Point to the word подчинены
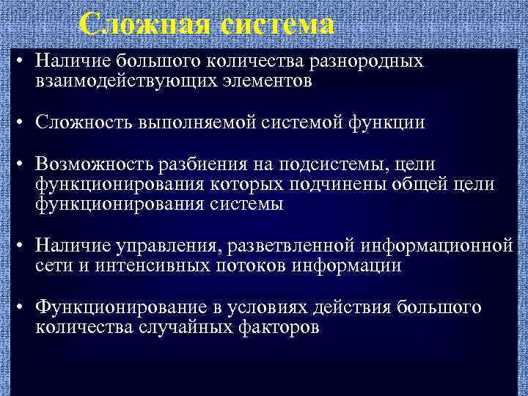click(338, 184)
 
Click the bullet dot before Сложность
click(23, 122)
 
